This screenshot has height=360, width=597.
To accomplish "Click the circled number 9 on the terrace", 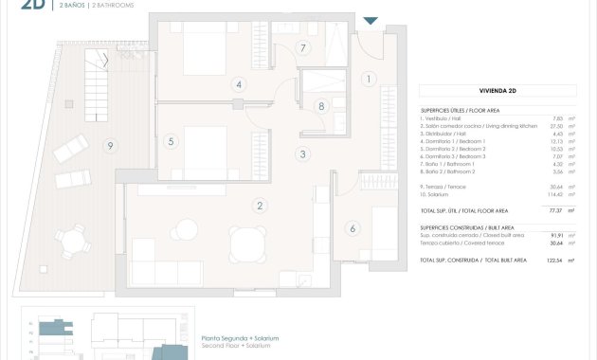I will (x=111, y=145).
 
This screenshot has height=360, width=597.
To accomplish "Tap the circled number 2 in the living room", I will (x=259, y=205).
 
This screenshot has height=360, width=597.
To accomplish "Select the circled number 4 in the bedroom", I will (x=240, y=84).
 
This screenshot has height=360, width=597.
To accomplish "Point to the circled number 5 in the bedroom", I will (x=172, y=142).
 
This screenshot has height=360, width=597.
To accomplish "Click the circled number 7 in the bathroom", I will (x=303, y=47).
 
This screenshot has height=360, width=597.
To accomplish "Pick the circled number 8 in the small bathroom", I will (x=322, y=106).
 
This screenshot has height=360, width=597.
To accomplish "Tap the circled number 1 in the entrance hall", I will (x=369, y=80).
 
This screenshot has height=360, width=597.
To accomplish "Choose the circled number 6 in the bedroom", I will (x=353, y=227).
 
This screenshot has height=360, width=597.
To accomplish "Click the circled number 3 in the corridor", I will (x=303, y=154).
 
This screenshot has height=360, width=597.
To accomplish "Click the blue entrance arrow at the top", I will (x=371, y=21).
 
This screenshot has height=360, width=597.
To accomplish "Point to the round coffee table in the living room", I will (x=188, y=229).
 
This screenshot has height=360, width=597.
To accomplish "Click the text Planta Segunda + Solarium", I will (x=234, y=338).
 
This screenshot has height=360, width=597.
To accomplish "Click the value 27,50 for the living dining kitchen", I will (x=555, y=126).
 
